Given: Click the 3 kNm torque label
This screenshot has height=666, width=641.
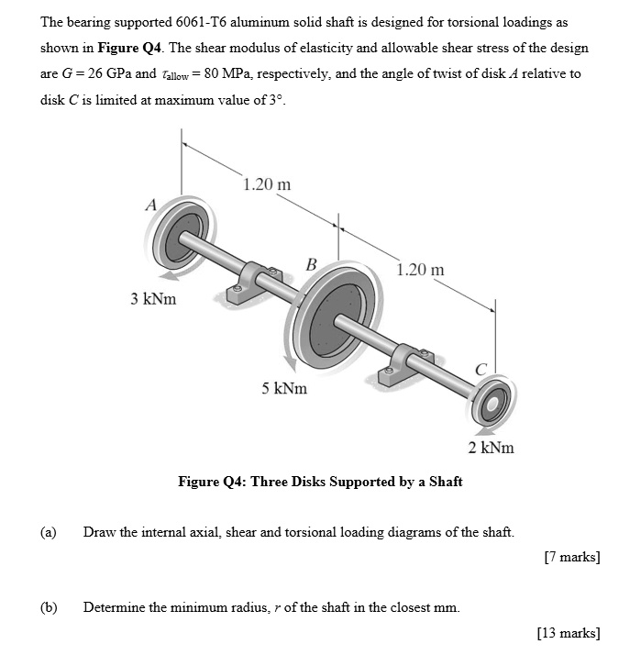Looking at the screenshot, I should click(153, 298).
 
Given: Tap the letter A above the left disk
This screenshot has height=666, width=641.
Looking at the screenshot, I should click(149, 204).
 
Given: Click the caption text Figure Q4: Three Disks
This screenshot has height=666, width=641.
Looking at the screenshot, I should click(320, 481).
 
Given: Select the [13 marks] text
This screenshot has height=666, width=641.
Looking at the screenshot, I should click(568, 632).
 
